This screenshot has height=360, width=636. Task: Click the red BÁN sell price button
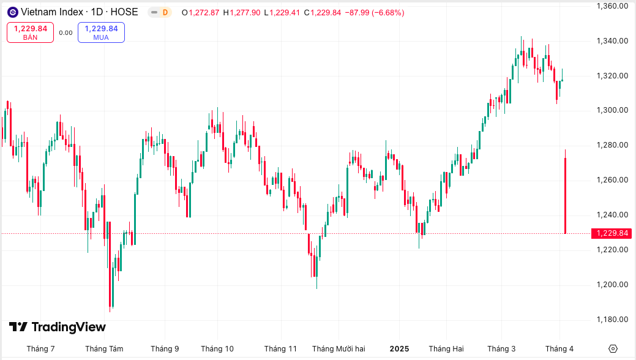(31, 32)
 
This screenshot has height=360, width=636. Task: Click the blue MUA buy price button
(101, 32)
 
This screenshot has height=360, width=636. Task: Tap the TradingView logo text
(58, 327)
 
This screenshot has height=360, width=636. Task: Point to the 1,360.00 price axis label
(612, 6)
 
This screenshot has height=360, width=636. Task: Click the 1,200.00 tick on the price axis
(612, 285)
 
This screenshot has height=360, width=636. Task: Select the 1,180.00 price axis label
(612, 320)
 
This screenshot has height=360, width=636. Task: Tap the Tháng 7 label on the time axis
(40, 349)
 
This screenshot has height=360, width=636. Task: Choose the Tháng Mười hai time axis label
(339, 349)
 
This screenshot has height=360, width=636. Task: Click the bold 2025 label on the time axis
(399, 349)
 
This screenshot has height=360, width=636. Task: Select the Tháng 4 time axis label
(559, 349)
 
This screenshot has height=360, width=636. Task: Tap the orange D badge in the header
(165, 12)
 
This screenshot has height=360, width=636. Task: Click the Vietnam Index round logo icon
(12, 12)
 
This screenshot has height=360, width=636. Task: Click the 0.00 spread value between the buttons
(65, 33)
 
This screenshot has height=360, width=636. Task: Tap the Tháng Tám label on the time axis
(104, 349)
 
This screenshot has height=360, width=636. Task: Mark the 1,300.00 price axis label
(612, 110)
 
